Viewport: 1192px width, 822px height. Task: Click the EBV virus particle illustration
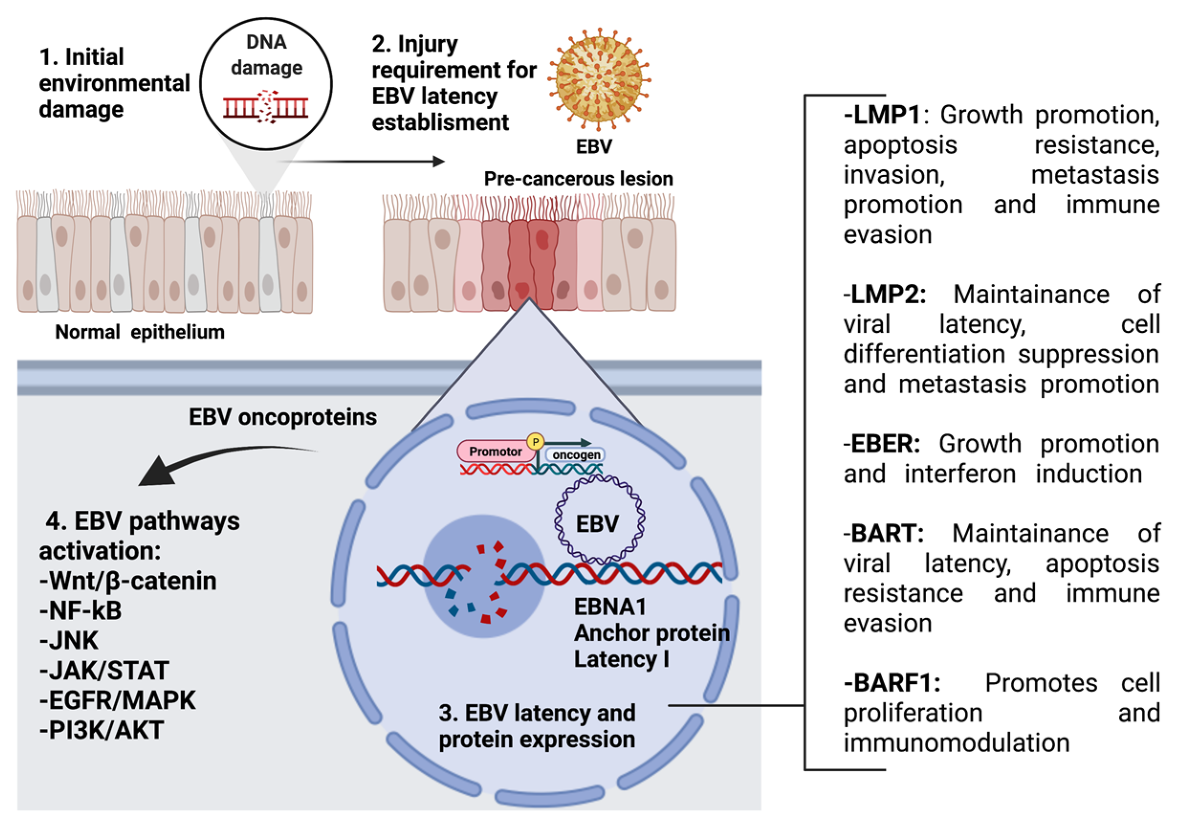[x=598, y=80]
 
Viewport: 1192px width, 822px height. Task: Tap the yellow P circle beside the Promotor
[x=536, y=441]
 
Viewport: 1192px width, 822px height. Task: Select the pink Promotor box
[x=495, y=452]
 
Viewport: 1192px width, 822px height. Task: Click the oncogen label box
[x=576, y=455]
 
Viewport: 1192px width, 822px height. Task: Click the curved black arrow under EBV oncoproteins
[x=216, y=461]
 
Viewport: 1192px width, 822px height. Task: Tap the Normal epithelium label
[x=140, y=332]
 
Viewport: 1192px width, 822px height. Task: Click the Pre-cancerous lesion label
[x=578, y=179]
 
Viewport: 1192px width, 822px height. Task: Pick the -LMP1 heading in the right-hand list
[x=882, y=115]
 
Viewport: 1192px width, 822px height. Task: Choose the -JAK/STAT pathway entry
[x=104, y=670]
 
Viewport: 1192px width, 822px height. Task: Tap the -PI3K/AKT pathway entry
[x=101, y=730]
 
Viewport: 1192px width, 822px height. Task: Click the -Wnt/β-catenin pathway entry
[x=128, y=581]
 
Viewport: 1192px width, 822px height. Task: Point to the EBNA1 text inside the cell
[x=610, y=607]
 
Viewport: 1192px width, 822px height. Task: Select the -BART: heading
[x=883, y=534]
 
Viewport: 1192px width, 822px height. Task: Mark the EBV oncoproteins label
[x=282, y=417]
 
